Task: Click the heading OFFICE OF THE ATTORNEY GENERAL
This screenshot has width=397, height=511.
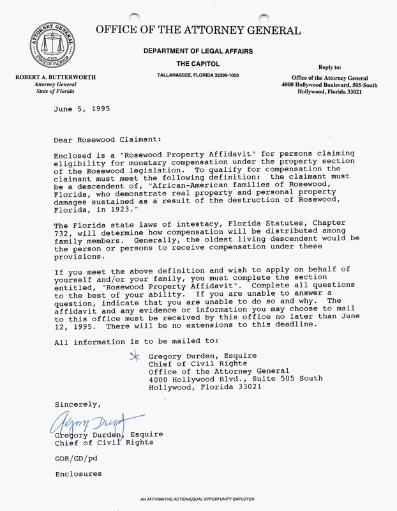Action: click(x=198, y=30)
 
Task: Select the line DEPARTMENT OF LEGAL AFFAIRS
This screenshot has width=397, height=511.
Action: click(x=198, y=52)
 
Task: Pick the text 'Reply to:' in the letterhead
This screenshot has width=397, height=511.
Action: click(x=330, y=66)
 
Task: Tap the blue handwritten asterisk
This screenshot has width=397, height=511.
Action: click(x=134, y=356)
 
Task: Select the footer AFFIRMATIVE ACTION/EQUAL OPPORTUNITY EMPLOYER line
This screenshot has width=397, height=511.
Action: click(x=198, y=498)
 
